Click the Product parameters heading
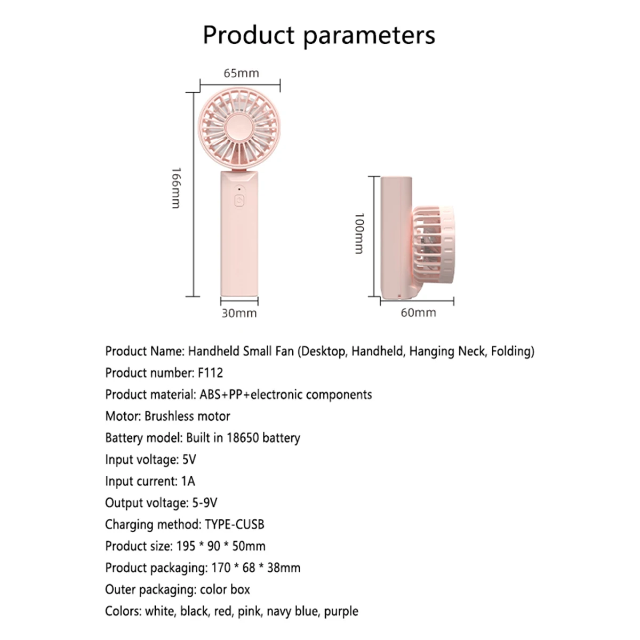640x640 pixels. tap(319, 36)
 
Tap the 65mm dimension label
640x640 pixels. tap(241, 73)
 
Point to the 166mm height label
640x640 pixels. tap(176, 188)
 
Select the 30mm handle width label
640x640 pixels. tap(239, 313)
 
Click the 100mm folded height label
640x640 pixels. tap(359, 234)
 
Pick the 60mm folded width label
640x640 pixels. tap(419, 313)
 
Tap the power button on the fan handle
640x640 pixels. tap(239, 201)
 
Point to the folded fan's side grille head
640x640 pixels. tap(433, 245)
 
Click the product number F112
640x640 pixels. tap(210, 373)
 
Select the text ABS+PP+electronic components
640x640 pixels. tap(286, 395)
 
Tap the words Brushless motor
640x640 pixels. tap(187, 416)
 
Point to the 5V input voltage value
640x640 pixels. tap(189, 459)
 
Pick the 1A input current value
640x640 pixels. tap(188, 481)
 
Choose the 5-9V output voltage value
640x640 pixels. tap(205, 503)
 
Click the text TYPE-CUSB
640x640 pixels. tap(235, 524)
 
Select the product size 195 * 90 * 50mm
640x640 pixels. tap(221, 546)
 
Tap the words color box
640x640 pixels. tap(225, 589)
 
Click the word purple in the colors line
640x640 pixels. tap(341, 611)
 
